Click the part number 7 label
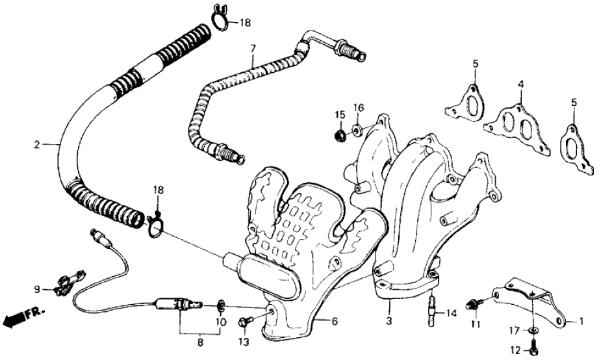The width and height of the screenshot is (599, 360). tap(253, 47)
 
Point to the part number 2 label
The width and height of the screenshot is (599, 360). tap(37, 144)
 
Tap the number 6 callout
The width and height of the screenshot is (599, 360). tap(335, 320)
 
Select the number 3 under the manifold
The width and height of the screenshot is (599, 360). tap(389, 320)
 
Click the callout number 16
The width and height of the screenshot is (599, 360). tap(359, 107)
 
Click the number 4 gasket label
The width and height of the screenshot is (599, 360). tap(520, 84)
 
